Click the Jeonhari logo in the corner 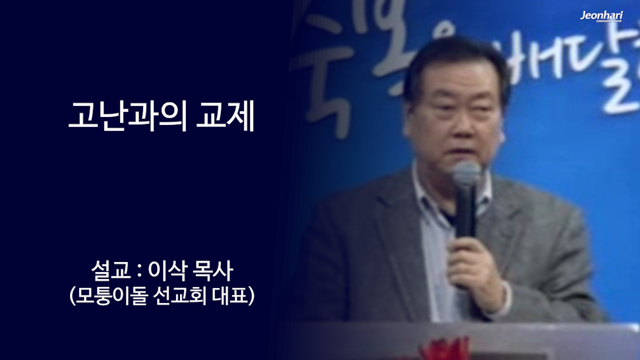point(601,16)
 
